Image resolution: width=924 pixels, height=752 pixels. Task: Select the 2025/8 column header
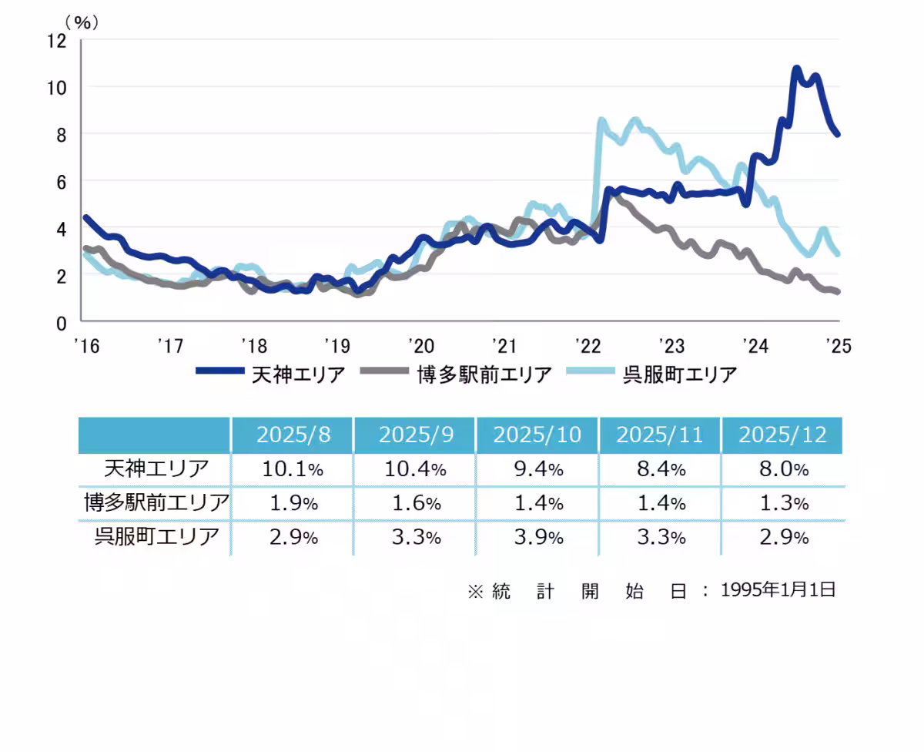[x=293, y=435]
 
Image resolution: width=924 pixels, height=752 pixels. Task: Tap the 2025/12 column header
[x=782, y=435]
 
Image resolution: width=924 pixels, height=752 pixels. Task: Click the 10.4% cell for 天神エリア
[x=415, y=468]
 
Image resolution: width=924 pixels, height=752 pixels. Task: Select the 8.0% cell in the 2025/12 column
[x=782, y=468]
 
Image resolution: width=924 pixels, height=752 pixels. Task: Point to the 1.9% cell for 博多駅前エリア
[x=293, y=503]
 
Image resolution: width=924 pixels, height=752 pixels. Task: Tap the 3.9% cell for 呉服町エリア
[x=537, y=537]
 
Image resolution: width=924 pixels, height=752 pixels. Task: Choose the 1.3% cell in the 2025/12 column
[x=782, y=503]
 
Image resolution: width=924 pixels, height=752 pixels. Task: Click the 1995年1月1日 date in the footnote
[x=778, y=590]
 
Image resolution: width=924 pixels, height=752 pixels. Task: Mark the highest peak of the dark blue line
[x=796, y=69]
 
